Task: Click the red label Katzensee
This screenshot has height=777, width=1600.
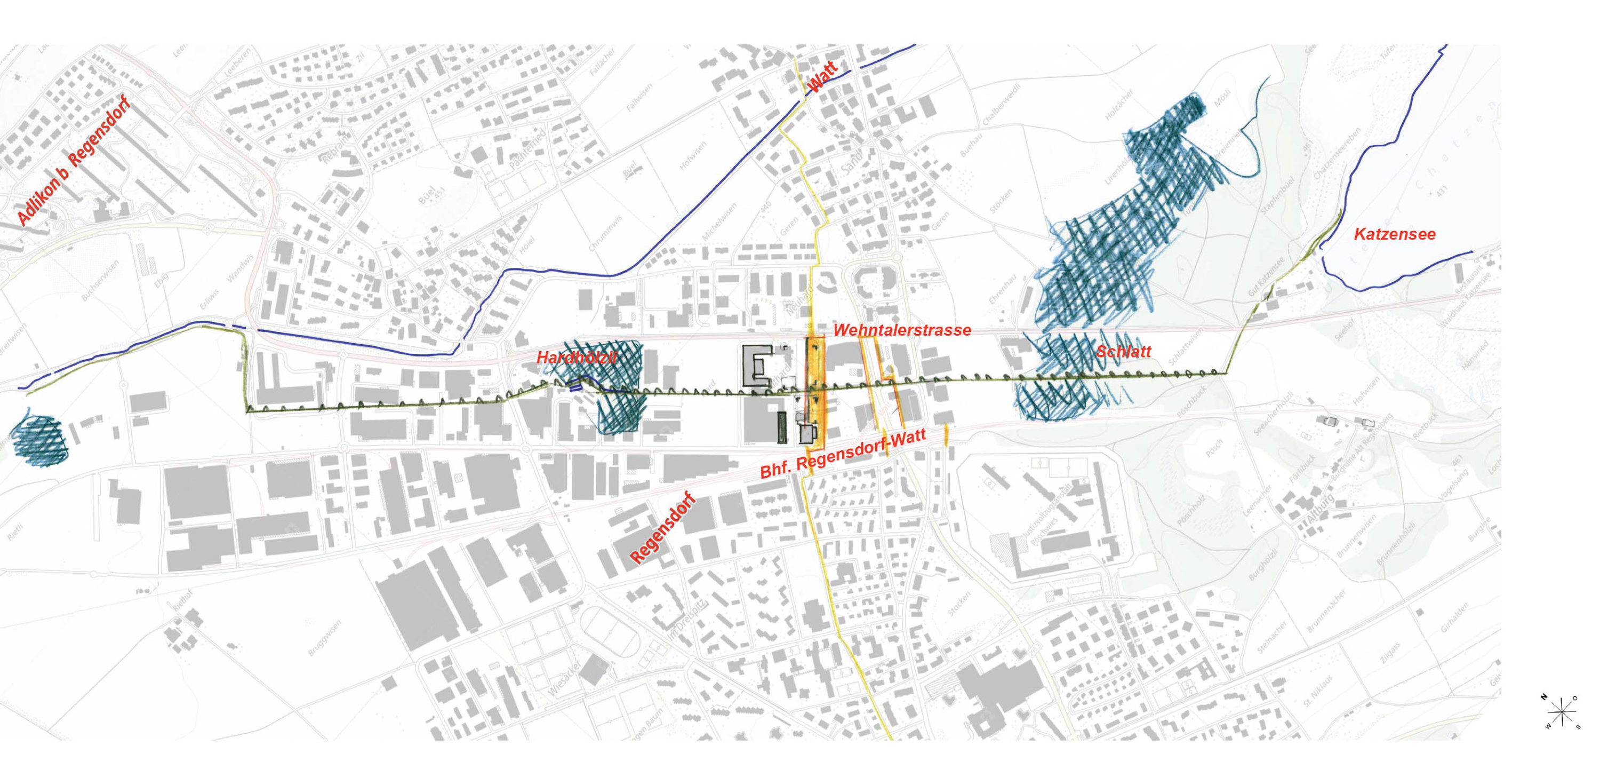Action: pyautogui.click(x=1395, y=234)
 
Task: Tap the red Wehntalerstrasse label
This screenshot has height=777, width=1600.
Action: pyautogui.click(x=902, y=330)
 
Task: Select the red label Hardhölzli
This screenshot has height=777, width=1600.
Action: pyautogui.click(x=577, y=358)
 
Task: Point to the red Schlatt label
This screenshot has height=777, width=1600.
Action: pyautogui.click(x=1123, y=352)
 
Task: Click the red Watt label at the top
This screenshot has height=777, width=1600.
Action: pyautogui.click(x=823, y=78)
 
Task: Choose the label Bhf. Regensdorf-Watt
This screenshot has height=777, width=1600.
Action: pyautogui.click(x=844, y=453)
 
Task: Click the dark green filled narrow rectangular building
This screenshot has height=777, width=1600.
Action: pyautogui.click(x=781, y=427)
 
